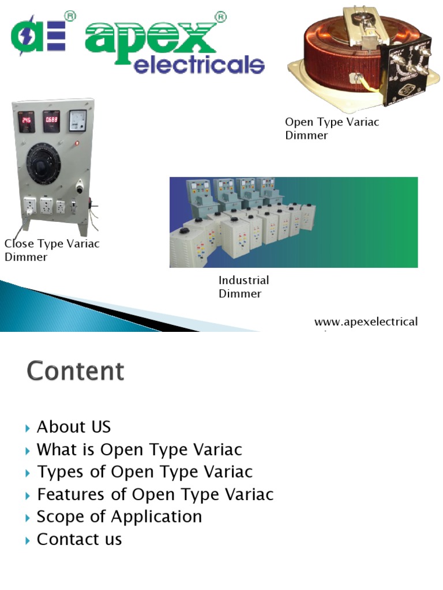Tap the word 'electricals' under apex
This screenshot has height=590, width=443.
click(x=198, y=65)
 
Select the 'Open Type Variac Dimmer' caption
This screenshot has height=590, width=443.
click(x=332, y=128)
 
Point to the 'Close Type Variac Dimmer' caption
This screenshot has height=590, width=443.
click(x=52, y=250)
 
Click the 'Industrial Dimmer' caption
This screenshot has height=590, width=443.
click(x=243, y=287)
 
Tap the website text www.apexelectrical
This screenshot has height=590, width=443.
click(x=366, y=322)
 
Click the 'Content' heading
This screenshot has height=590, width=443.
click(x=75, y=371)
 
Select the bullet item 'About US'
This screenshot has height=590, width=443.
click(x=73, y=427)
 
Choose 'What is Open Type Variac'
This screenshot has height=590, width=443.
click(x=139, y=449)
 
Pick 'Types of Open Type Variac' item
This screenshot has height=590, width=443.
click(x=145, y=472)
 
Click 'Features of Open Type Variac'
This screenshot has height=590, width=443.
click(x=155, y=494)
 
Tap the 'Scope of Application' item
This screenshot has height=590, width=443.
click(x=119, y=517)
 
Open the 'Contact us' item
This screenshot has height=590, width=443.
click(x=79, y=539)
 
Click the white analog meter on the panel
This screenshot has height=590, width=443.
click(x=77, y=120)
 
